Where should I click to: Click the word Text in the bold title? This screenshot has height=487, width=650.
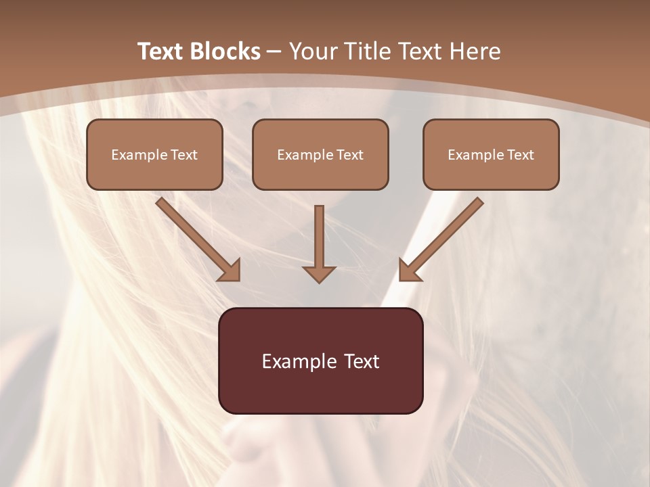[161, 51]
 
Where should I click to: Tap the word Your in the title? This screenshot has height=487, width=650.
[313, 51]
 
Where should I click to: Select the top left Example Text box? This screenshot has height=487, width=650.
[154, 154]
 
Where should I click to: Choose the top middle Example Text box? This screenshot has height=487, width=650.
[320, 154]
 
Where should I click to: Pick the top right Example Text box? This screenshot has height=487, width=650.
[491, 154]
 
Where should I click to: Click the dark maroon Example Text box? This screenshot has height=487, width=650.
[320, 361]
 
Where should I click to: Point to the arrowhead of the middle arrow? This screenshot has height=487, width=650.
[319, 273]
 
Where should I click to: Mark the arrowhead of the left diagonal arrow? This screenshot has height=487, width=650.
[230, 270]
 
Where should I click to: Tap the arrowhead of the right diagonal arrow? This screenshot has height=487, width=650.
[409, 270]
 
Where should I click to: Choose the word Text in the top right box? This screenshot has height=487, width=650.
[519, 155]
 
